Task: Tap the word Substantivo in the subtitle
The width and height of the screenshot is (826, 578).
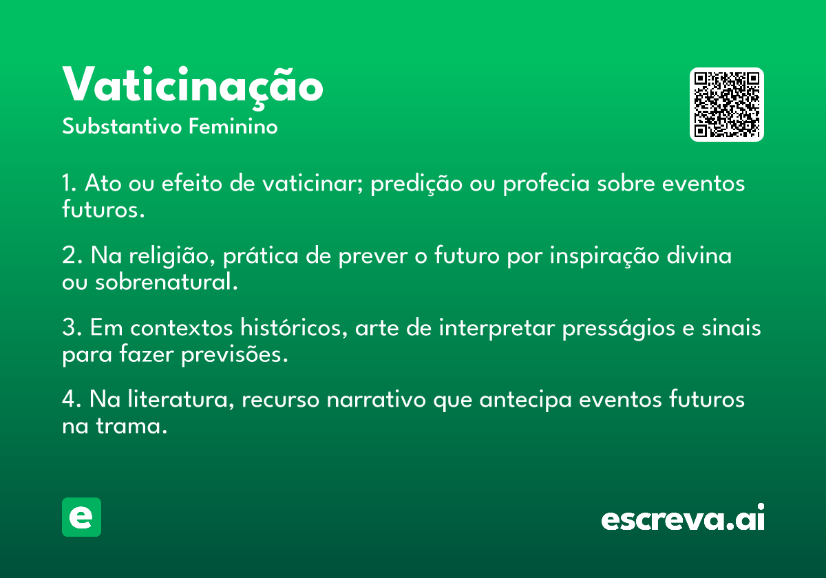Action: tap(122, 127)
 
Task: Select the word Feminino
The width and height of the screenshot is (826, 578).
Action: tap(233, 126)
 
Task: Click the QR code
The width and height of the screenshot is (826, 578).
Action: tap(726, 105)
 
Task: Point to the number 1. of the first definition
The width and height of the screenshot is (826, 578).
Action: tap(70, 183)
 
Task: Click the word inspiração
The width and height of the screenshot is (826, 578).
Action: tap(604, 256)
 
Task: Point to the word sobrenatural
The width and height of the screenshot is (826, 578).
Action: tap(167, 282)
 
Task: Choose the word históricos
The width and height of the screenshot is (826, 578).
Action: tap(294, 327)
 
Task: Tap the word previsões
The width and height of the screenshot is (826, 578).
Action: tap(235, 354)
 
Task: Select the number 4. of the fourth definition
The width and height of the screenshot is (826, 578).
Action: tap(72, 400)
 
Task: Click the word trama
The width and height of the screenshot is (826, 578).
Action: tap(131, 427)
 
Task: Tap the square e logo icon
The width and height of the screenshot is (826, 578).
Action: tap(81, 517)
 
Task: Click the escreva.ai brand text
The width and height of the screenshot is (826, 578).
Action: tap(683, 517)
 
